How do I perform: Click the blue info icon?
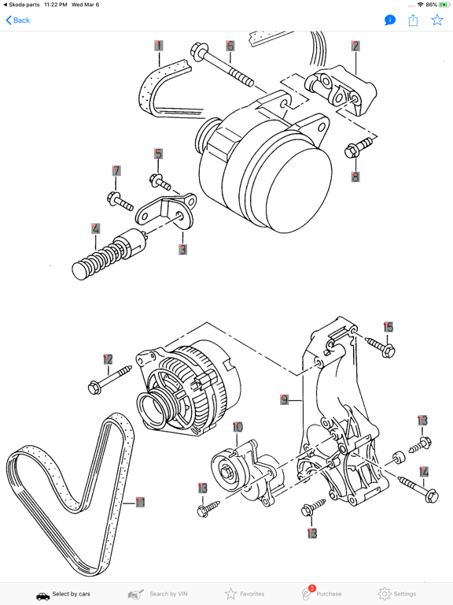point(390,20)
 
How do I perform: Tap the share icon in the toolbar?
point(413,20)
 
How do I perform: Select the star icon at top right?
point(437,20)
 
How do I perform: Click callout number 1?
point(159,46)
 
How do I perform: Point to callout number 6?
point(230,46)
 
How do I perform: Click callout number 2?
point(355,46)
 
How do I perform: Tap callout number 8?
point(355,177)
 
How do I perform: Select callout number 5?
point(158,154)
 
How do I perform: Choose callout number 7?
point(116,171)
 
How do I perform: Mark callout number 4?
point(96,229)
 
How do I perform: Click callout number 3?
point(182,250)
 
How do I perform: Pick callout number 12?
point(108,360)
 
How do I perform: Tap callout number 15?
point(388,327)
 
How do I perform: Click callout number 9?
point(285,399)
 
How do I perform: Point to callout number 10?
point(238,428)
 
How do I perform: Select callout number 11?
point(140,502)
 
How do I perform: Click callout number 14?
point(424,472)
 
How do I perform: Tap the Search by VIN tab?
point(157,593)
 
